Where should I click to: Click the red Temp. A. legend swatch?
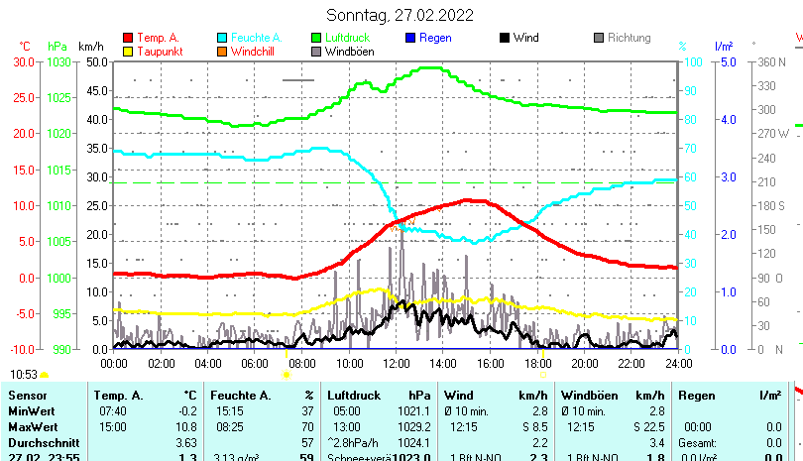pos(128,38)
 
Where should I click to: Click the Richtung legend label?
pos(629,38)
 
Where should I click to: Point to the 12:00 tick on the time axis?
pos(396,364)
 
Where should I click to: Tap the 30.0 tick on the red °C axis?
pos(24,61)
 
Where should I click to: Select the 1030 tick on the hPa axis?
pos(58,61)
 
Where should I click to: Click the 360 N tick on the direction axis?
pos(772,61)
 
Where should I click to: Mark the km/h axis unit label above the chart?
pos(90,47)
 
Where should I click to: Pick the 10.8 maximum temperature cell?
pos(186,426)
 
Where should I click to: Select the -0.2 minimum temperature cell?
pos(186,410)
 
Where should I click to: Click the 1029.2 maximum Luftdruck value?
pos(414,426)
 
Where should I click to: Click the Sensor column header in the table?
pos(27,396)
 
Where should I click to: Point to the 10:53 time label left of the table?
pos(24,375)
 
